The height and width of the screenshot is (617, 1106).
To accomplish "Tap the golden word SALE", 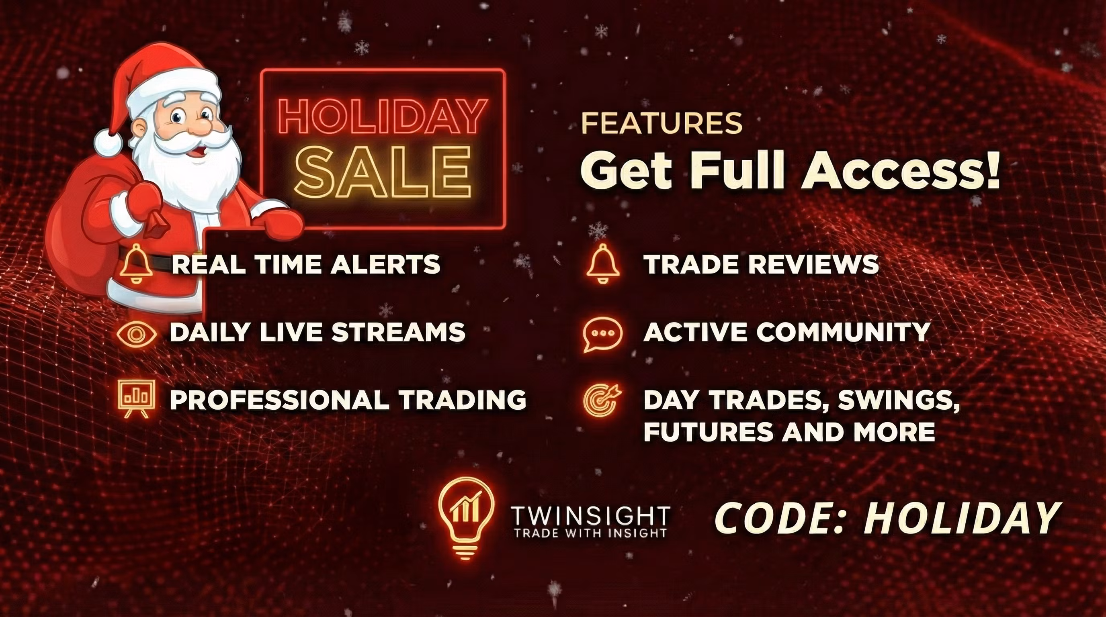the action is coord(383,171).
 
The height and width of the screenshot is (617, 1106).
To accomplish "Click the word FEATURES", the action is coord(662,123).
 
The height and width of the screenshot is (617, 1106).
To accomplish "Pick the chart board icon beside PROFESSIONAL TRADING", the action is coord(136,399).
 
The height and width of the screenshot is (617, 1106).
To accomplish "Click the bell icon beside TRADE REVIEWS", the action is coord(603,264).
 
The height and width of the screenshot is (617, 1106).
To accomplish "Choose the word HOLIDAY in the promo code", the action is coord(961,518).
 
